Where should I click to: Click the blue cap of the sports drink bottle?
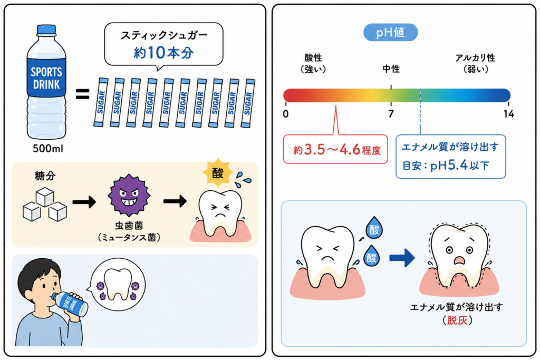click(46, 30)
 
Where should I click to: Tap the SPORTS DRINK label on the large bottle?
click(46, 78)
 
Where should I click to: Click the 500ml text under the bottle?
click(48, 149)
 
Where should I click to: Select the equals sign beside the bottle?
click(83, 94)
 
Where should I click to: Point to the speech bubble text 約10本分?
click(163, 53)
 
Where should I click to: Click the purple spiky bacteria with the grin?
click(129, 195)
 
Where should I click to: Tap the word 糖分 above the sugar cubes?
click(45, 176)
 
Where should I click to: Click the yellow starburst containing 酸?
click(218, 173)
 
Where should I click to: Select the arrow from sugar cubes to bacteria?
click(84, 202)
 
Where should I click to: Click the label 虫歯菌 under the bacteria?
click(129, 226)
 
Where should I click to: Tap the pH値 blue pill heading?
click(391, 33)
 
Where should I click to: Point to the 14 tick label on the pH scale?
click(509, 114)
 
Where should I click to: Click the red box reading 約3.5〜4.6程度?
click(335, 149)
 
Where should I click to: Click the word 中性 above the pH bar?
click(391, 69)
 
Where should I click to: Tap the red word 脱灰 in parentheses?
click(457, 320)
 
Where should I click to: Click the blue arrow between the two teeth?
click(402, 258)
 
